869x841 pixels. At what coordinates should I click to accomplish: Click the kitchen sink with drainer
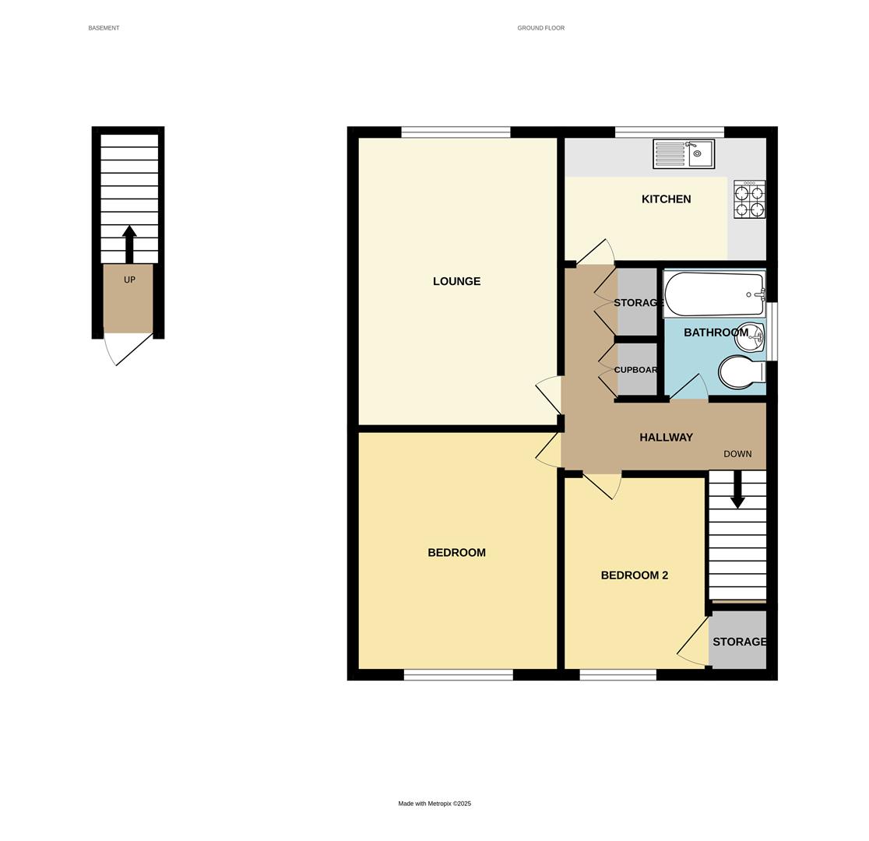click(683, 153)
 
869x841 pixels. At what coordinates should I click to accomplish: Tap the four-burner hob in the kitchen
click(749, 200)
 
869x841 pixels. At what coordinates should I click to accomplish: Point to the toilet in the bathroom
click(741, 371)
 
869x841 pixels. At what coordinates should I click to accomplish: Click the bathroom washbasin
click(750, 336)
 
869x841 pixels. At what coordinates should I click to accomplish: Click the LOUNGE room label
click(456, 281)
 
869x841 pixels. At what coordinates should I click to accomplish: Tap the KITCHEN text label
click(666, 199)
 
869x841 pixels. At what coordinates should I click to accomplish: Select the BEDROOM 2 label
click(634, 575)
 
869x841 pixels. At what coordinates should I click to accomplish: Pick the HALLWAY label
click(666, 438)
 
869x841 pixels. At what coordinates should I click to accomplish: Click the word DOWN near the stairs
click(737, 454)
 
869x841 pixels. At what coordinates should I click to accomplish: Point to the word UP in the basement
click(129, 280)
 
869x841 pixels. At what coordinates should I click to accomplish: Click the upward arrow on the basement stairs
click(129, 243)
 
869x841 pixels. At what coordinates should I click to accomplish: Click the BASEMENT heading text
click(104, 28)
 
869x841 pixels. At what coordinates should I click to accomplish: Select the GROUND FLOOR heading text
click(540, 28)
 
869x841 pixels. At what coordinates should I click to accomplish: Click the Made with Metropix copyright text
click(434, 804)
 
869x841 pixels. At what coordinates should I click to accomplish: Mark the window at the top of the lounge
click(456, 132)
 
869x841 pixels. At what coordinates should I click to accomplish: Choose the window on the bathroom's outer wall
click(772, 332)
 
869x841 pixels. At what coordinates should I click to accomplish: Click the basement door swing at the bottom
click(128, 349)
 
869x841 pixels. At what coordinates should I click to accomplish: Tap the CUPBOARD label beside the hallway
click(636, 370)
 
